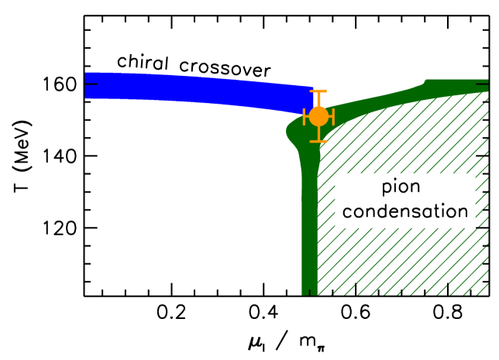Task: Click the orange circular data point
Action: point(318,117)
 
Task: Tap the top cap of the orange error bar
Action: point(318,91)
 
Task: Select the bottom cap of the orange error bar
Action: point(318,142)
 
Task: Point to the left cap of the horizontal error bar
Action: point(305,117)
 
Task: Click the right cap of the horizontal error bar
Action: point(332,117)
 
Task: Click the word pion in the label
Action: point(404,187)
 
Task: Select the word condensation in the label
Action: point(404,211)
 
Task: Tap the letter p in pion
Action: point(387,189)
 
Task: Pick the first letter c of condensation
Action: point(347,212)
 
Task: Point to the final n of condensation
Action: point(462,212)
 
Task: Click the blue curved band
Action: point(194,90)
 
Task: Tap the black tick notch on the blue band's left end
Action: point(91,85)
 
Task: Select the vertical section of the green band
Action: point(309,225)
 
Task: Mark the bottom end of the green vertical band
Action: point(309,291)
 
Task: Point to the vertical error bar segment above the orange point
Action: point(318,100)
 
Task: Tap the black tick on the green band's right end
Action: point(483,82)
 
